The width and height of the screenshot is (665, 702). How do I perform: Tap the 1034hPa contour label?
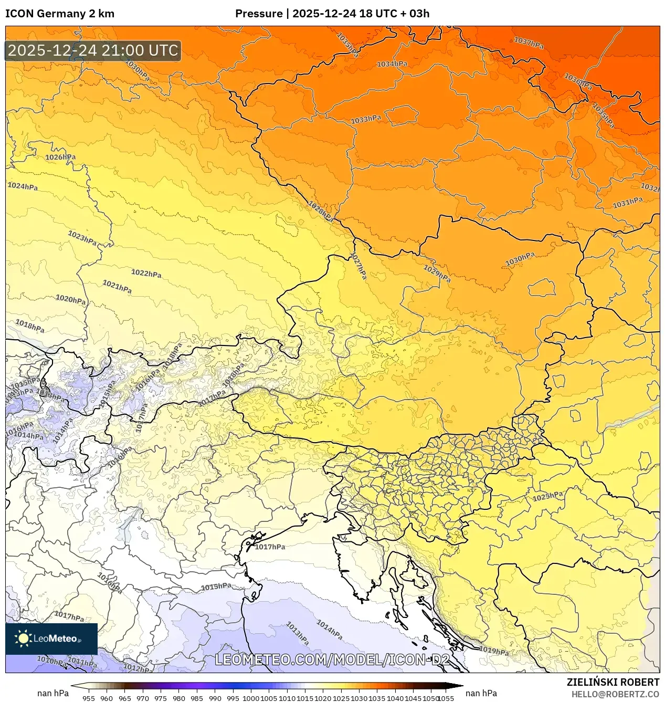392,64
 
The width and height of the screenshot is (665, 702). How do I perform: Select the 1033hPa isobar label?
366,120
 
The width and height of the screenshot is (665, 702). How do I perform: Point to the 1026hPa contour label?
60,157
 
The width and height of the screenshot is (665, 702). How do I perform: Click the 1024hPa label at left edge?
23,186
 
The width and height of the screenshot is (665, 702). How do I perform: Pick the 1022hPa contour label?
146,273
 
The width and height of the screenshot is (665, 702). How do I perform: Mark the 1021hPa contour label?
117,287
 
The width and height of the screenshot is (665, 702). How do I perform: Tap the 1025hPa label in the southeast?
548,496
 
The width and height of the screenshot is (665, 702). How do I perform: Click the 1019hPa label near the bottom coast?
494,651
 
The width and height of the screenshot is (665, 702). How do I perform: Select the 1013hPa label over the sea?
297,633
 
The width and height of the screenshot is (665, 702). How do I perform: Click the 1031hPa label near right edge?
628,202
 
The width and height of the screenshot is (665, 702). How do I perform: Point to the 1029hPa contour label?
437,273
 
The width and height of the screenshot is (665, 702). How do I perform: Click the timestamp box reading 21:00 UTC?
93,50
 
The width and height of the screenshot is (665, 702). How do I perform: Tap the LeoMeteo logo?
51,638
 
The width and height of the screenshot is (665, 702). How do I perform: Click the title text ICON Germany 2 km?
59,14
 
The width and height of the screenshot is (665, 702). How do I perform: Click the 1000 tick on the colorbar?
250,698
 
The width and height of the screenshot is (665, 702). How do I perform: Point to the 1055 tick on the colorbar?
446,698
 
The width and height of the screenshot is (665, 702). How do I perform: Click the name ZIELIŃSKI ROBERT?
613,682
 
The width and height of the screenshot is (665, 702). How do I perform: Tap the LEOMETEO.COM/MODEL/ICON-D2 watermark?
332,659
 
